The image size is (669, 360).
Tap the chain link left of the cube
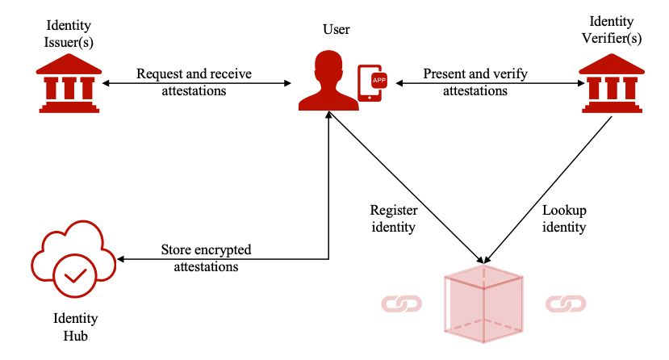coord(402,303)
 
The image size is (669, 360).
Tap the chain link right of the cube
coord(565,303)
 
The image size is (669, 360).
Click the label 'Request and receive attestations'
coord(194,82)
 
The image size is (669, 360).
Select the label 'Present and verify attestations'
coord(476,82)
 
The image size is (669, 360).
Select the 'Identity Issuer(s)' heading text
coord(69,30)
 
